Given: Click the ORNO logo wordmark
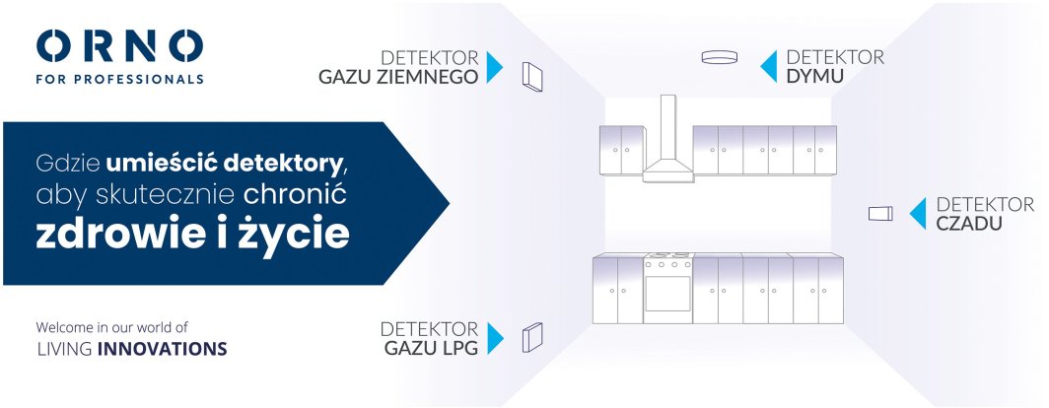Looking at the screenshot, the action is [x=119, y=46].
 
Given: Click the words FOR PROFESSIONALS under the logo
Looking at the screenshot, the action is [x=119, y=80].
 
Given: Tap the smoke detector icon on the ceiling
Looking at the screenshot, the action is [x=720, y=57].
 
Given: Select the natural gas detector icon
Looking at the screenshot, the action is [x=532, y=76].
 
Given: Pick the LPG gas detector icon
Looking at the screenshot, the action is [x=532, y=337].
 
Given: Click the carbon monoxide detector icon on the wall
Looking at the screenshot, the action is [x=880, y=214].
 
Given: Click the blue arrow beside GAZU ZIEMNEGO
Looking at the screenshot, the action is [x=494, y=67].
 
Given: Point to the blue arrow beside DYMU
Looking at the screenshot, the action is [x=769, y=66].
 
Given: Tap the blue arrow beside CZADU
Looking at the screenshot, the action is [x=918, y=214].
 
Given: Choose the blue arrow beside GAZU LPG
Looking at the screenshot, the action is [x=495, y=338].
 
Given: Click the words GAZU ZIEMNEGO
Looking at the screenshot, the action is [x=398, y=77].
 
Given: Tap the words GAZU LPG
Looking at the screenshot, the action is [x=431, y=348].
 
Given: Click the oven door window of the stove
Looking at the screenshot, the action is [x=667, y=294].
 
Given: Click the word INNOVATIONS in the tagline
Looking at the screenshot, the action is [x=162, y=349].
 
